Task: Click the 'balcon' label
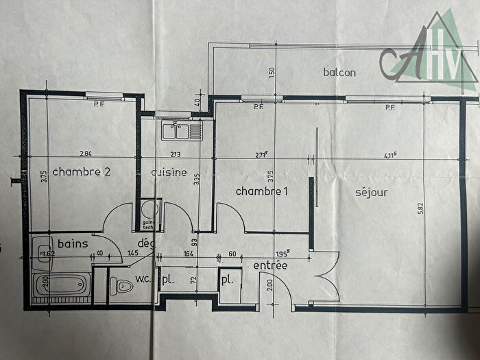(x=339, y=73)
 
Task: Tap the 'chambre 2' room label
(x=82, y=171)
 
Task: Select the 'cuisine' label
(x=168, y=173)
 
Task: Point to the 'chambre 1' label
(x=261, y=191)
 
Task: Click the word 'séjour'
(x=372, y=192)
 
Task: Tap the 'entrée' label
(x=270, y=265)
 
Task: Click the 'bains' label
(x=71, y=243)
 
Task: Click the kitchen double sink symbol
(x=182, y=128)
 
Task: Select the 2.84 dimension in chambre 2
(x=86, y=152)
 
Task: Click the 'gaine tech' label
(x=147, y=225)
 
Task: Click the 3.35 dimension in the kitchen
(x=197, y=180)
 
